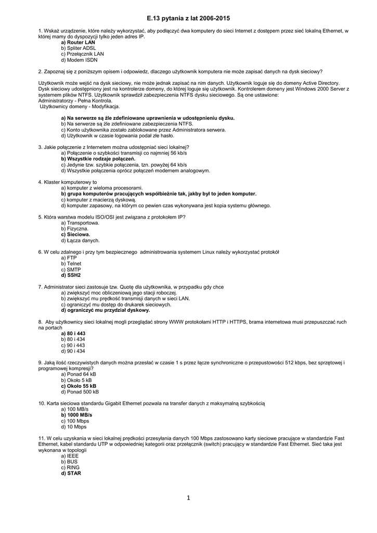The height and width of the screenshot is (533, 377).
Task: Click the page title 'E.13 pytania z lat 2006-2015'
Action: click(x=188, y=18)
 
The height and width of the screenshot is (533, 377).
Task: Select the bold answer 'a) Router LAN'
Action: click(x=78, y=43)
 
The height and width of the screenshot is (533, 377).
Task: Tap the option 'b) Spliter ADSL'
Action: click(x=79, y=48)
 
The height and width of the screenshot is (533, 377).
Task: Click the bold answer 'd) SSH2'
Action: click(x=71, y=275)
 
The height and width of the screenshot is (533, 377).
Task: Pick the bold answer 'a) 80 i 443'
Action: click(x=73, y=334)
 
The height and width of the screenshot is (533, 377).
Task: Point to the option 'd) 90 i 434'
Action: click(x=73, y=351)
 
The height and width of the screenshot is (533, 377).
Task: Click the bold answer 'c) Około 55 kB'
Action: click(x=79, y=386)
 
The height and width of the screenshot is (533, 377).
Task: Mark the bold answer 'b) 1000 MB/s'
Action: click(x=76, y=415)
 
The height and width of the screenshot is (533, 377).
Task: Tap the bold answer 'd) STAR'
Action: click(x=71, y=473)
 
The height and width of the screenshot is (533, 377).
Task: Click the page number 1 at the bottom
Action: click(x=188, y=498)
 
